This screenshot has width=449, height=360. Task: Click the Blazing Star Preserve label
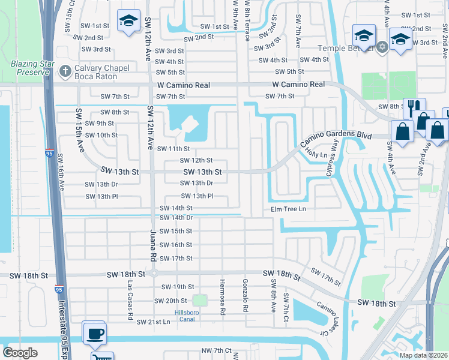tap(29, 67)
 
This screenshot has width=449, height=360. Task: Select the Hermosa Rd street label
tap(222, 296)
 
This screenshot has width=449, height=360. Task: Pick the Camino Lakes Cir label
tap(329, 318)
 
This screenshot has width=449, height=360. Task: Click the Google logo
tap(20, 353)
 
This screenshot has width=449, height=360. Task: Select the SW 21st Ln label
tap(153, 322)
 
